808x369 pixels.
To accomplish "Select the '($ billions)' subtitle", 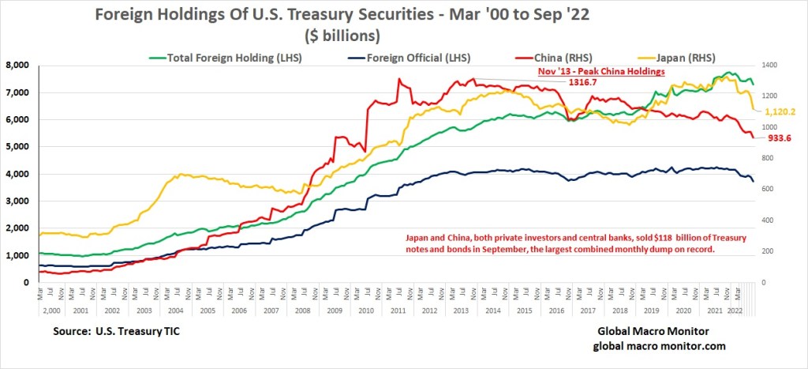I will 342,36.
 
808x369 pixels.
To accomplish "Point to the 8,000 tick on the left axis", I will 17,66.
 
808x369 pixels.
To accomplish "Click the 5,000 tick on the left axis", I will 17,147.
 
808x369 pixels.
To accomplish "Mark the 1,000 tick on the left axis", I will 17,255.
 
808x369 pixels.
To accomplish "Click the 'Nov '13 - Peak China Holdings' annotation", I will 564,70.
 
